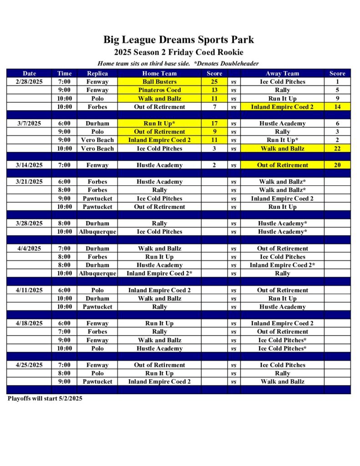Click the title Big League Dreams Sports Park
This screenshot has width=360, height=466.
pos(178,40)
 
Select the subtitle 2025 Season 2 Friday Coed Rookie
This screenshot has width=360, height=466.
pos(178,52)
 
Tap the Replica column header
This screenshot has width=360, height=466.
pos(97,73)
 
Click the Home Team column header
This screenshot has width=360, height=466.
pos(159,73)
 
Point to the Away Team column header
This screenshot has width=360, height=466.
pos(282,73)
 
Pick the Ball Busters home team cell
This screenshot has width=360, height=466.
pos(159,82)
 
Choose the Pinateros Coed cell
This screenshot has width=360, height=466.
pos(159,90)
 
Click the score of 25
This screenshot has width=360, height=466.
pos(214,82)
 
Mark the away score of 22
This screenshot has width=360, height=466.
pos(337,148)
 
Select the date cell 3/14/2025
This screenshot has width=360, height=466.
pos(29,165)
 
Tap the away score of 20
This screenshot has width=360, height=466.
pos(337,165)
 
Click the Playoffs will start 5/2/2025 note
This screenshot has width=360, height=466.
pos(45,399)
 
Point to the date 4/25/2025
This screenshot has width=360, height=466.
pos(29,365)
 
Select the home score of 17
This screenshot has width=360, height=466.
pos(214,123)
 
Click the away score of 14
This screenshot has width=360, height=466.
pos(337,107)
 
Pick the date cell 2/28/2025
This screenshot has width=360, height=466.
pos(29,82)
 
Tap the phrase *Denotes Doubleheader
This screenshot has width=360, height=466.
pos(226,64)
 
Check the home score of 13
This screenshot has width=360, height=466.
pos(214,90)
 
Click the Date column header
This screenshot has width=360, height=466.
pos(29,73)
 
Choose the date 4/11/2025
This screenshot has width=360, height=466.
pos(29,290)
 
